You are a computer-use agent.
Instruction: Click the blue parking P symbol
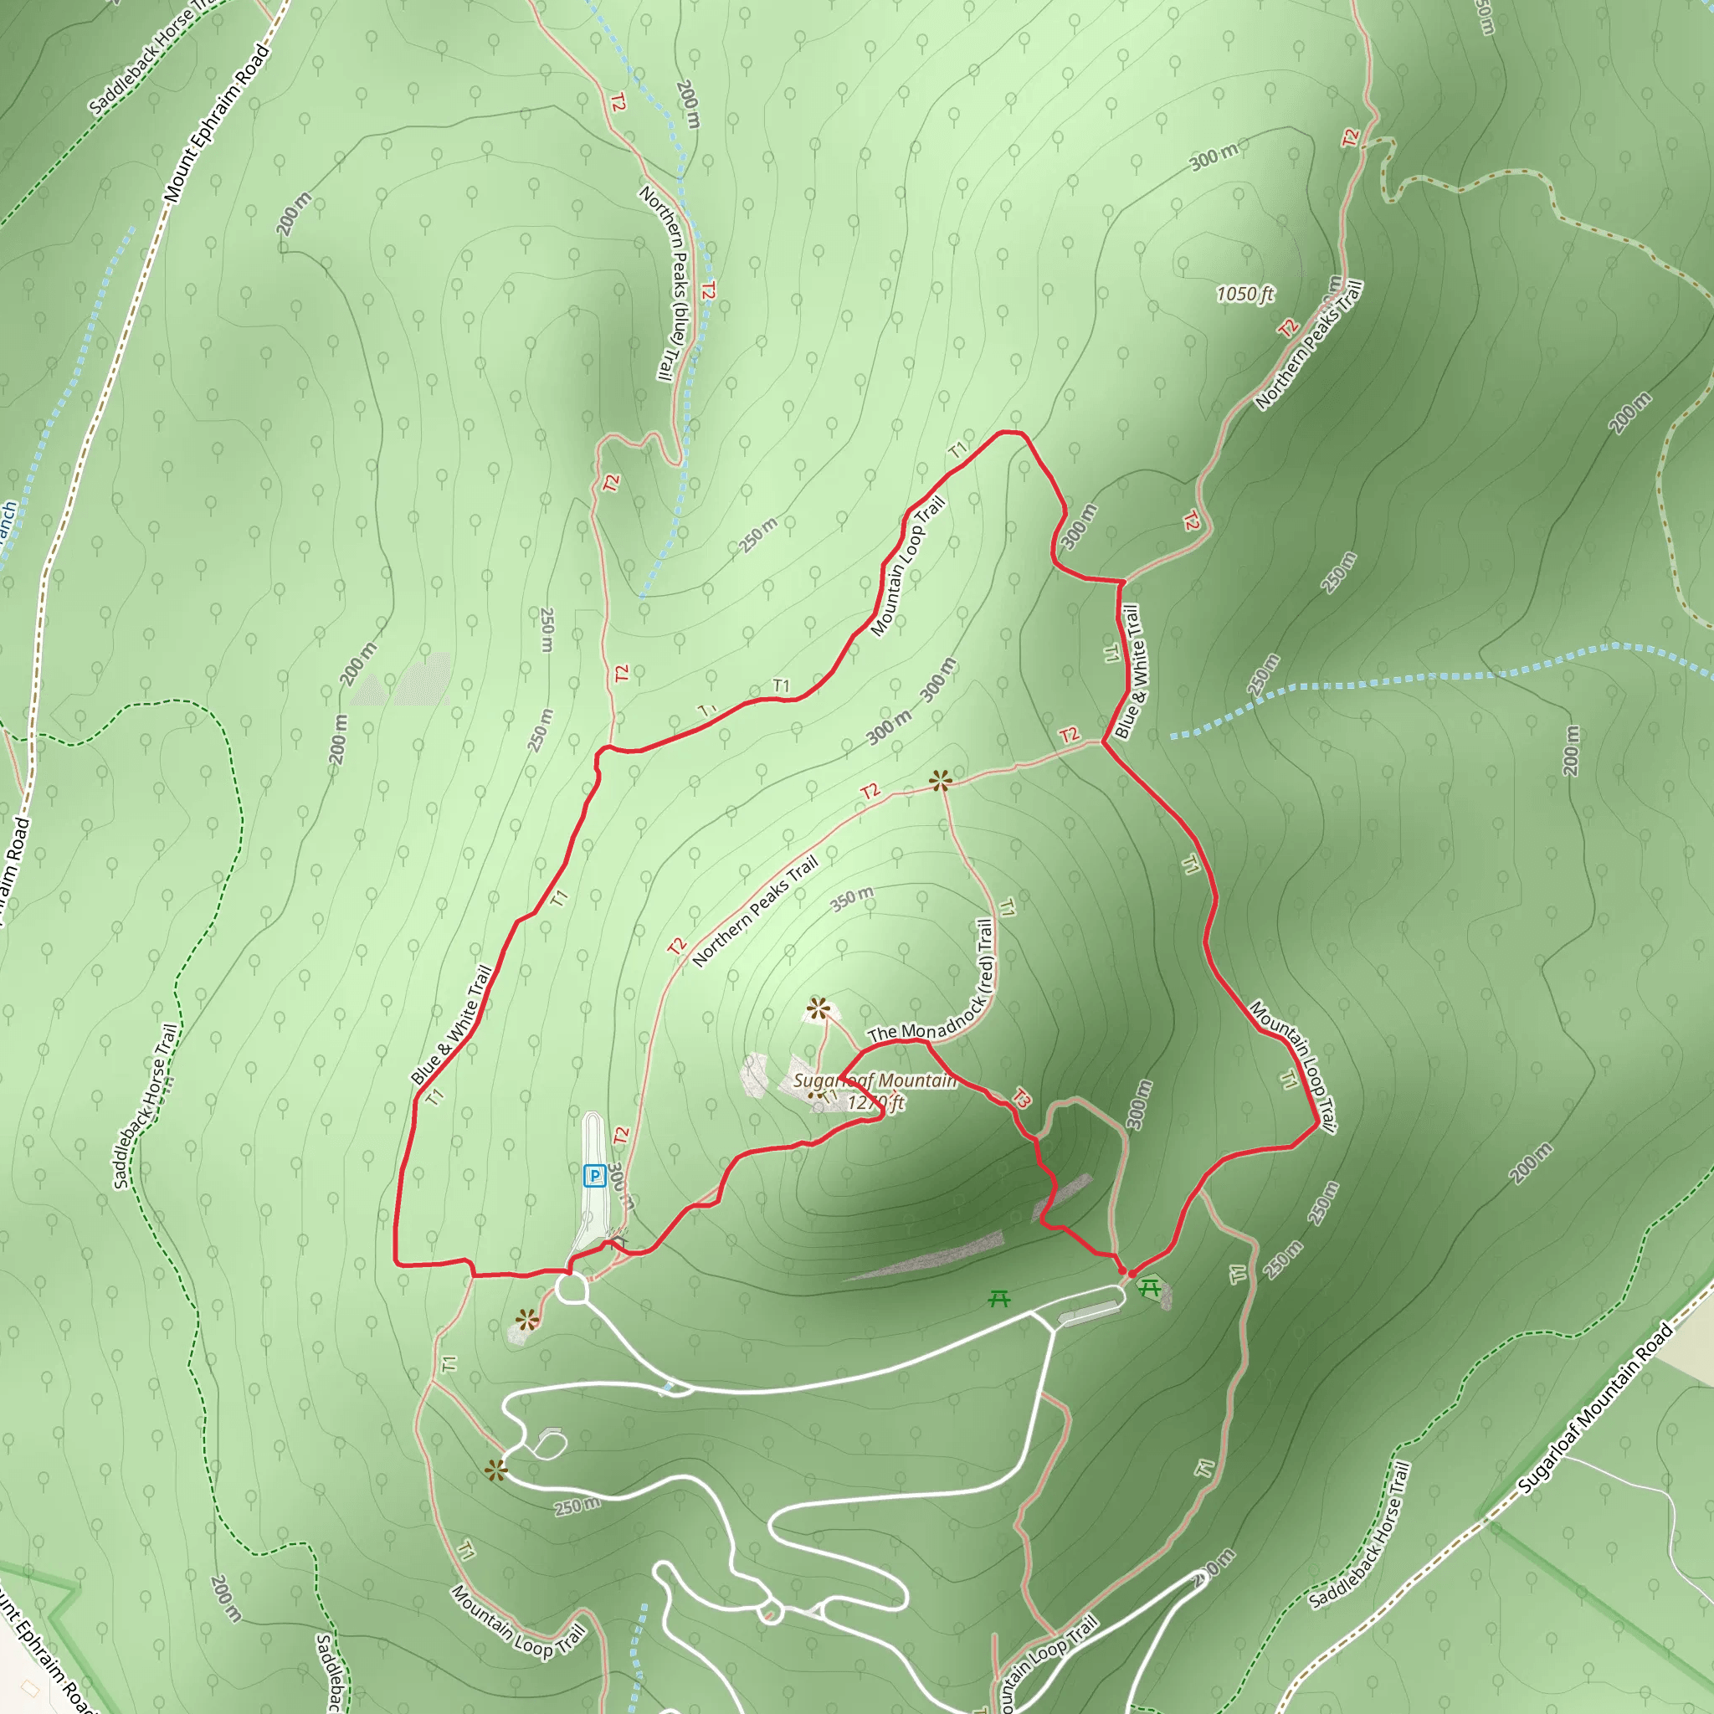(594, 1177)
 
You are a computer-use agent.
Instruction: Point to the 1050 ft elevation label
(1244, 294)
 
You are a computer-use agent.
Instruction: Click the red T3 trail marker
(1021, 1097)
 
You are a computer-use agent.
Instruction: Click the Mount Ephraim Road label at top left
(216, 122)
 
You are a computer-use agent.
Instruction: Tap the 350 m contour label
(852, 899)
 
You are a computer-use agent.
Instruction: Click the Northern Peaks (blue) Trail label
(670, 283)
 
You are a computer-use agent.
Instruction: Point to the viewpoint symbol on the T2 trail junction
(941, 781)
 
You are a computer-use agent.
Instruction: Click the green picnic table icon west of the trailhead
(999, 1299)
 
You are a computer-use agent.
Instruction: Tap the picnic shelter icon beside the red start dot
(1150, 1286)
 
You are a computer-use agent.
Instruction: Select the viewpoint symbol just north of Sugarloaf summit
(818, 1008)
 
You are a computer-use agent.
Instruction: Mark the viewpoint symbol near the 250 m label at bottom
(496, 1471)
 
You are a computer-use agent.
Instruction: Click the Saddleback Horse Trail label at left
(145, 1106)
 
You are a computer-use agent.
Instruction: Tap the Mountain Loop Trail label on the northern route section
(907, 567)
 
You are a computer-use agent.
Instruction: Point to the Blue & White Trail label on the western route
(451, 1025)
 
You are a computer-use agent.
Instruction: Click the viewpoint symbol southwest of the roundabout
(527, 1320)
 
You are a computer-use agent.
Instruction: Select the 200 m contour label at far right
(1571, 751)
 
